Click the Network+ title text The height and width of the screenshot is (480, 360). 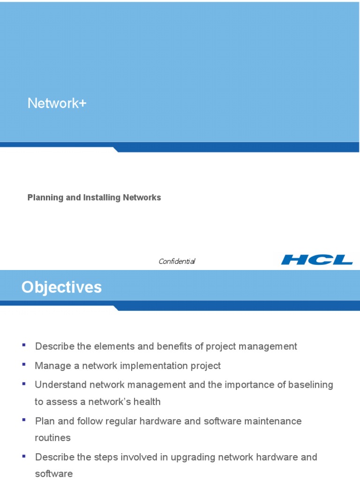point(57,104)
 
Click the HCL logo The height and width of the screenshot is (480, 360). point(316,260)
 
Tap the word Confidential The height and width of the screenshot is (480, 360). point(177,261)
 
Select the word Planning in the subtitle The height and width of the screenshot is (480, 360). point(45,198)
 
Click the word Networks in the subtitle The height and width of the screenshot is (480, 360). point(142,198)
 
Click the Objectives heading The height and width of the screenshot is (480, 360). point(61,287)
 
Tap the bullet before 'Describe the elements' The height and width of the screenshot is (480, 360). point(23,345)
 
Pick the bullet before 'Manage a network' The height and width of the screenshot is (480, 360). point(23,364)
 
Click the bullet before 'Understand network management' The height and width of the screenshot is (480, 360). point(23,383)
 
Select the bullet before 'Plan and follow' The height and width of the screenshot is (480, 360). point(23,420)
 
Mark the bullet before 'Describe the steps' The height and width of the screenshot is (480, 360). point(23,456)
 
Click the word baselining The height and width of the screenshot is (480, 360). point(309,385)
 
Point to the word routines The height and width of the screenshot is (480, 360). point(52,438)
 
